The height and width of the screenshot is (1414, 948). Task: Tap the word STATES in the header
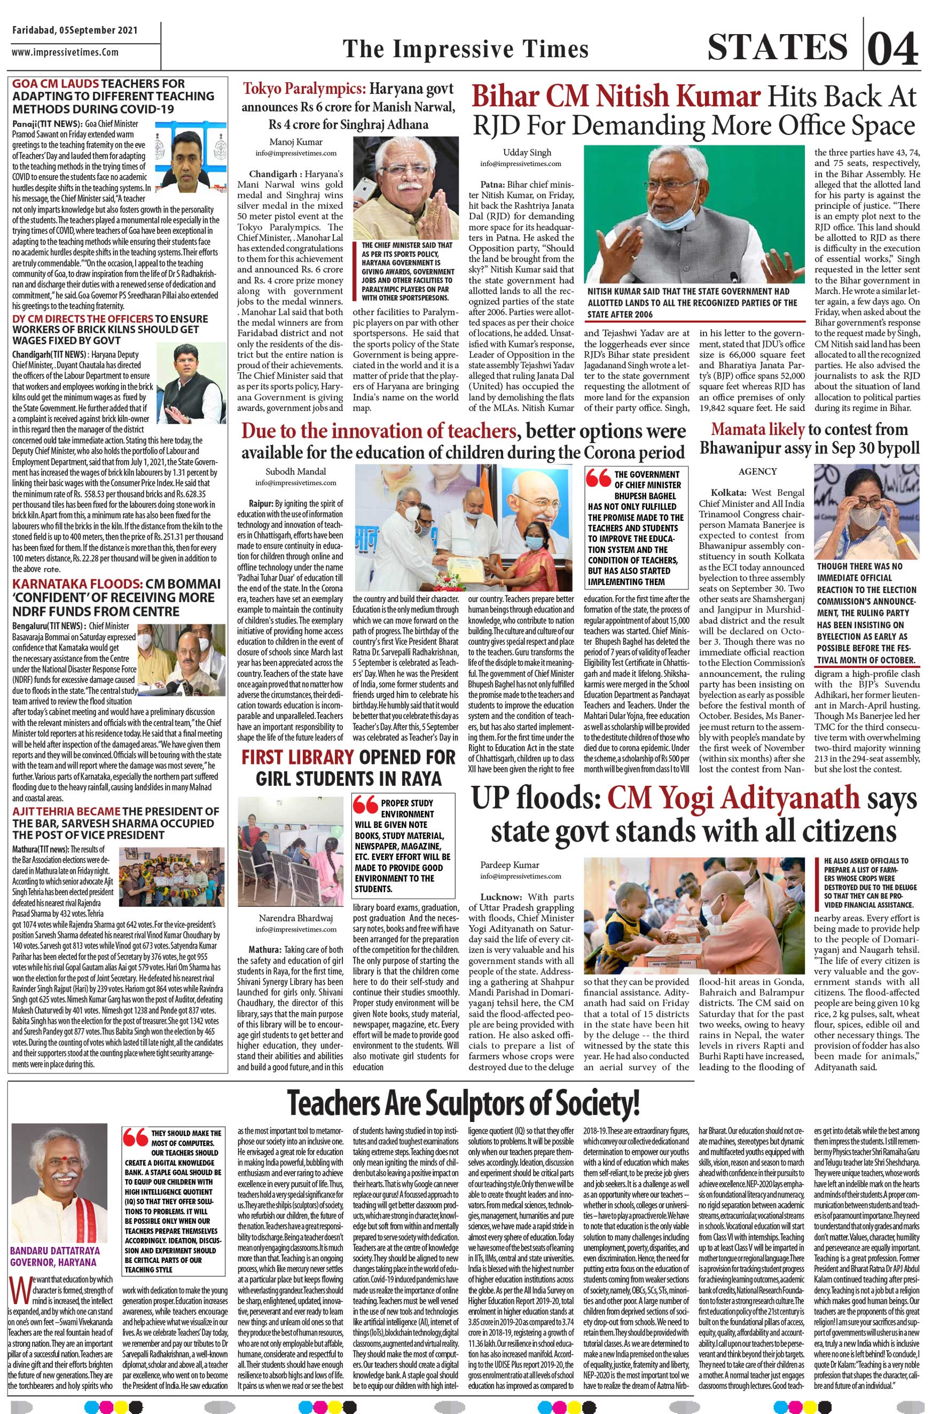(x=778, y=47)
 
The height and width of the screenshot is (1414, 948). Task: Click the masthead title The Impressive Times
(x=466, y=49)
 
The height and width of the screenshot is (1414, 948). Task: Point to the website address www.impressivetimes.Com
(x=65, y=52)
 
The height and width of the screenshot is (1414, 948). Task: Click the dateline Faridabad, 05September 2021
(x=74, y=30)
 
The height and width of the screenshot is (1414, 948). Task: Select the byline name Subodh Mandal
(x=287, y=471)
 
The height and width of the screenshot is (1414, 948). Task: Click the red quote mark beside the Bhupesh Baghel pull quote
(x=599, y=478)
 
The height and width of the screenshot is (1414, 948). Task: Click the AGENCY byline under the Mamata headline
(x=757, y=471)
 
